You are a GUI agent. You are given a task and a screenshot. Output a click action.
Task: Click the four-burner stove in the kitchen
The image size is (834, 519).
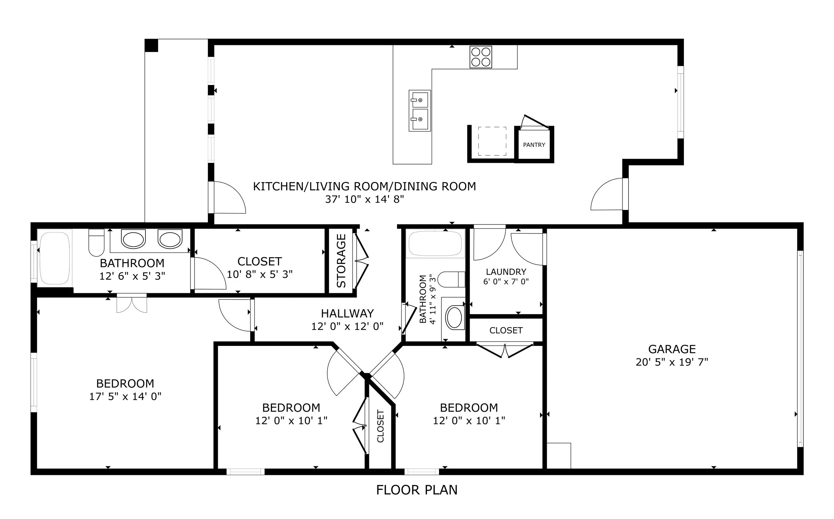coord(480,57)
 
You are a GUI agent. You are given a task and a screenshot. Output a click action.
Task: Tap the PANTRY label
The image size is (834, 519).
coord(534,145)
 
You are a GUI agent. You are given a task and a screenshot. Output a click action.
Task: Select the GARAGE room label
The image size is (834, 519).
coord(672,349)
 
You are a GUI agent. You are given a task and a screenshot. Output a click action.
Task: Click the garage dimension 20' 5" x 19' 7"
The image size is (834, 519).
coord(672,362)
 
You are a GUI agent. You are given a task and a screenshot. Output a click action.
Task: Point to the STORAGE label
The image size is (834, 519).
coord(341,261)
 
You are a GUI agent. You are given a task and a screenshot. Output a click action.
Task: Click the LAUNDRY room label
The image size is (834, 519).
coord(506,272)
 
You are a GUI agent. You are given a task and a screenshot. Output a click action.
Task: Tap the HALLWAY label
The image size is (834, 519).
coord(347,314)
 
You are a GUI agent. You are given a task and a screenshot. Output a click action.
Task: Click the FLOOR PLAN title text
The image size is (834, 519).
coord(417,490)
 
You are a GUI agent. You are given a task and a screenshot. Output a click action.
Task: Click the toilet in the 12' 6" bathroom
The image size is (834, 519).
coord(96,242)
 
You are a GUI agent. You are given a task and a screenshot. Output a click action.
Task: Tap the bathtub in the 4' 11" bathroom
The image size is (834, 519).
coord(435,244)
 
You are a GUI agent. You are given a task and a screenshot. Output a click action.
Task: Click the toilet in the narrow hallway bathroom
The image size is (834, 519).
coord(451,280)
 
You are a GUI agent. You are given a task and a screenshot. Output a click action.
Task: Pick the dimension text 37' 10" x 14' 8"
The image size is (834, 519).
coord(365,199)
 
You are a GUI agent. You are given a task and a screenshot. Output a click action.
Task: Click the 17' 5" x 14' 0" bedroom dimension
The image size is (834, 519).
coord(125,397)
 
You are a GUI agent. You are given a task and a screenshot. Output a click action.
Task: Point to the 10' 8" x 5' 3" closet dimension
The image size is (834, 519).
coord(260,274)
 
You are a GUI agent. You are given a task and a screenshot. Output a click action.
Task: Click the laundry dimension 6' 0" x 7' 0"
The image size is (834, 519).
coord(506,282)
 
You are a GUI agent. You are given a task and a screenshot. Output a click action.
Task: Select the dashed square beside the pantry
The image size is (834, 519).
coord(492,141)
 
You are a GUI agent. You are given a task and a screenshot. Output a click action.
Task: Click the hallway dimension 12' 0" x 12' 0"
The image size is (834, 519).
coord(347,327)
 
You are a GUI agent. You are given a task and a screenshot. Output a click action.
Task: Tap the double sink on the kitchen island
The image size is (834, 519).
coord(420,110)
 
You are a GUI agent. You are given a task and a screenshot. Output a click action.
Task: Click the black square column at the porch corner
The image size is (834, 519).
coord(151,46)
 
